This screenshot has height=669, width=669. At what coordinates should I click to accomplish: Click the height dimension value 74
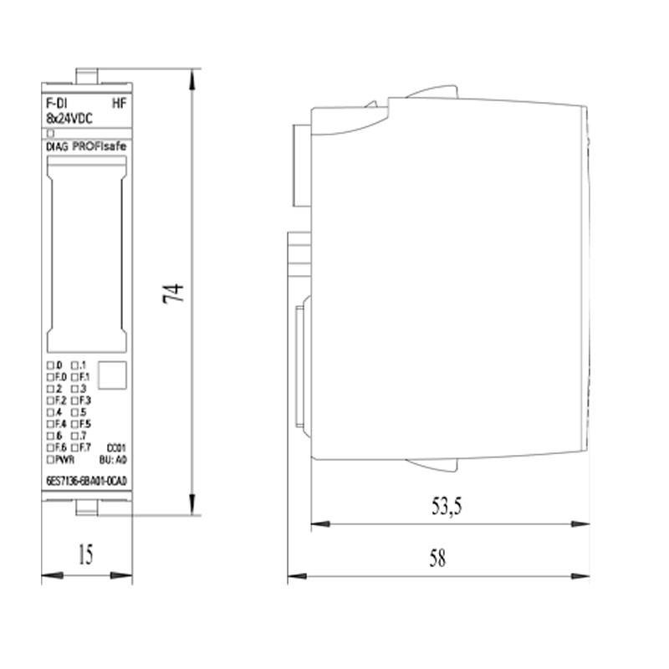(172, 292)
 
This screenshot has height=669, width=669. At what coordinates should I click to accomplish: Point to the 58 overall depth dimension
(437, 559)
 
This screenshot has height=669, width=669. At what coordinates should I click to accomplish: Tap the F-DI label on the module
(55, 105)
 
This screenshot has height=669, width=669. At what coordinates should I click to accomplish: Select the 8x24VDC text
(68, 119)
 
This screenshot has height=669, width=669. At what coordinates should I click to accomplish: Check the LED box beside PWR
(49, 459)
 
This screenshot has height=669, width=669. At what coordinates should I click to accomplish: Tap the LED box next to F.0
(49, 377)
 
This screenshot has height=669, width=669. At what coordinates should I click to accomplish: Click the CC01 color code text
(116, 448)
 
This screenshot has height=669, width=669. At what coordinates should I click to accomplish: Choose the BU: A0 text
(112, 459)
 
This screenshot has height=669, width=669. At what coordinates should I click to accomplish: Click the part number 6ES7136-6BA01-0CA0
(86, 480)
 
